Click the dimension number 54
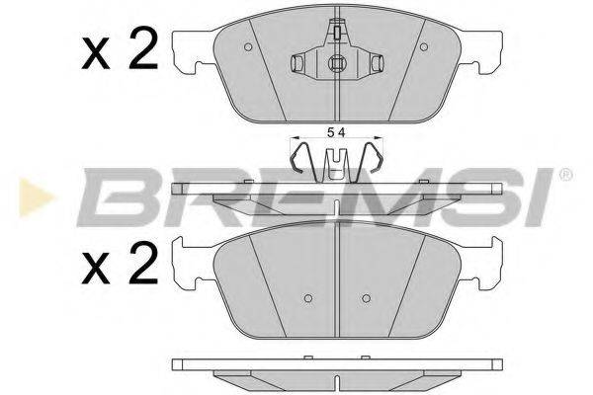click(337, 132)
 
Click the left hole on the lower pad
click(307, 298)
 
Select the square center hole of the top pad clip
click(336, 68)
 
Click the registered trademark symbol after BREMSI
click(565, 176)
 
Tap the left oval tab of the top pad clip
click(298, 63)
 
